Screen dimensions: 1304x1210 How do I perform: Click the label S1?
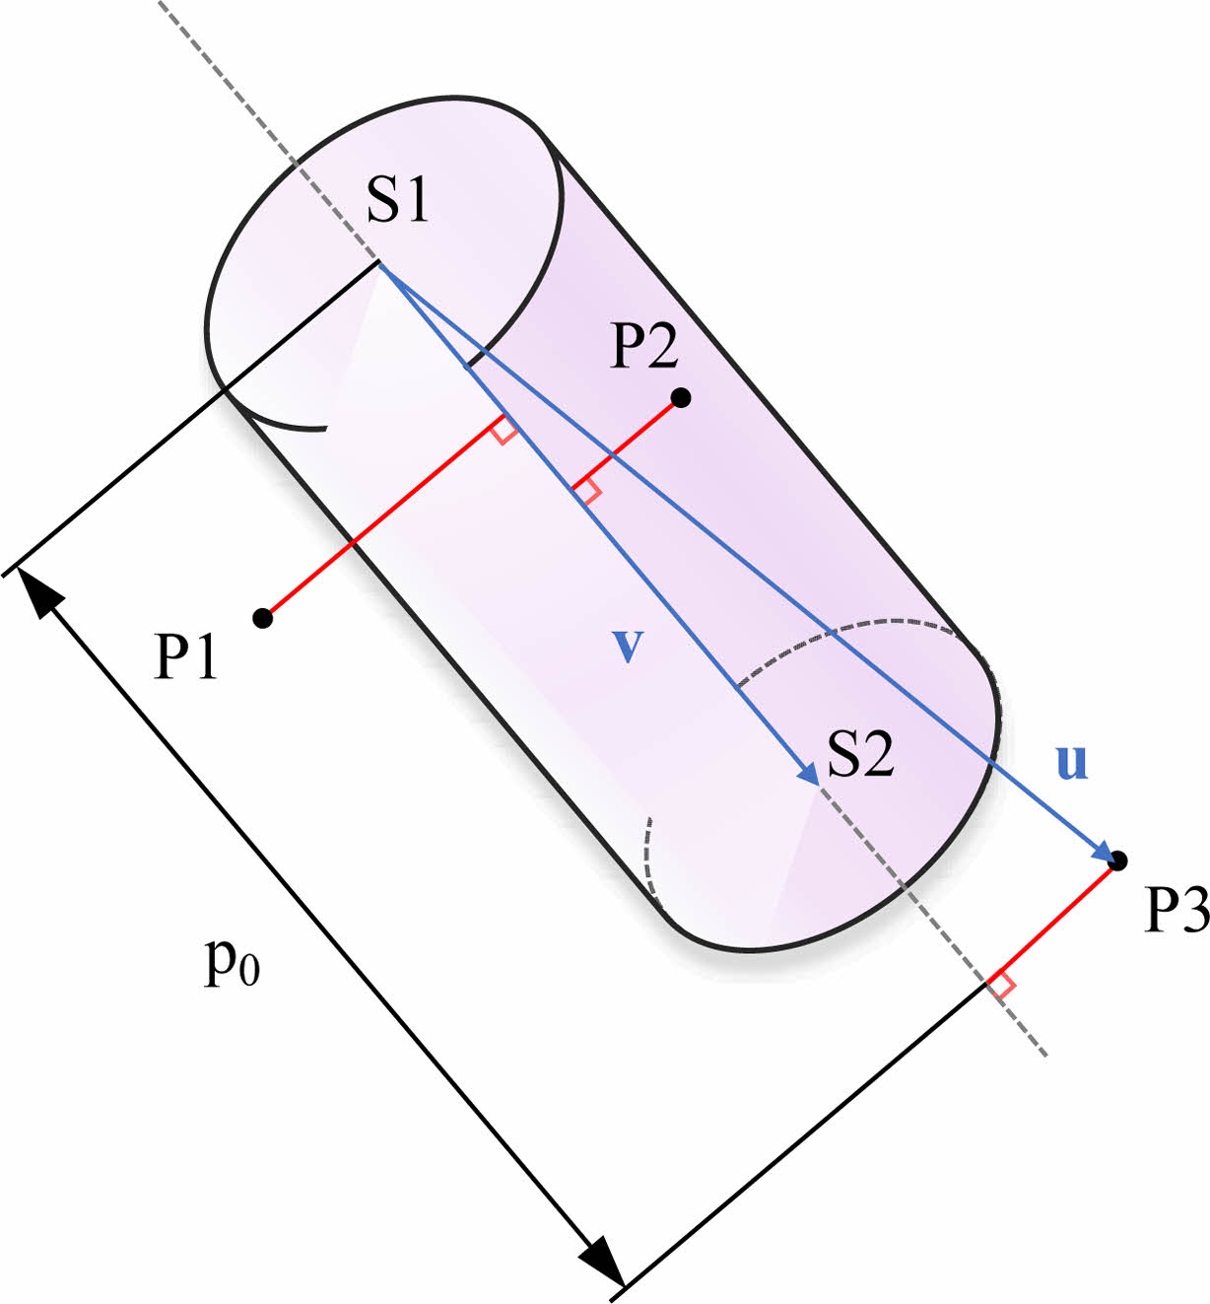tap(398, 201)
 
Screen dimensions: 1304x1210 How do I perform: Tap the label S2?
tap(860, 755)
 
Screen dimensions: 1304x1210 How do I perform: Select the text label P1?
tap(186, 656)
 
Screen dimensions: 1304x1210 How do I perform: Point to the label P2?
tap(645, 347)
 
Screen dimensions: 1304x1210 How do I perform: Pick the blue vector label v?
tap(628, 646)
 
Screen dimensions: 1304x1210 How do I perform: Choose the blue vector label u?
tap(1071, 762)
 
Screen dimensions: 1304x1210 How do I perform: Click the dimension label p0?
tap(232, 961)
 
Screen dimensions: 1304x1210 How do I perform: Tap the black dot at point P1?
tap(262, 618)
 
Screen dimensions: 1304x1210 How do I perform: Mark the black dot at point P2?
tap(680, 398)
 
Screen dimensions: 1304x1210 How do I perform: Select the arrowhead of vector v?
tap(809, 775)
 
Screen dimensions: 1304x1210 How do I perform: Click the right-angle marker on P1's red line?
tap(504, 430)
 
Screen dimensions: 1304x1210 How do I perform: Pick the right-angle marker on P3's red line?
tap(1002, 985)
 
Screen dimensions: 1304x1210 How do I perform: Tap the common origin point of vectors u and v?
tap(379, 264)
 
